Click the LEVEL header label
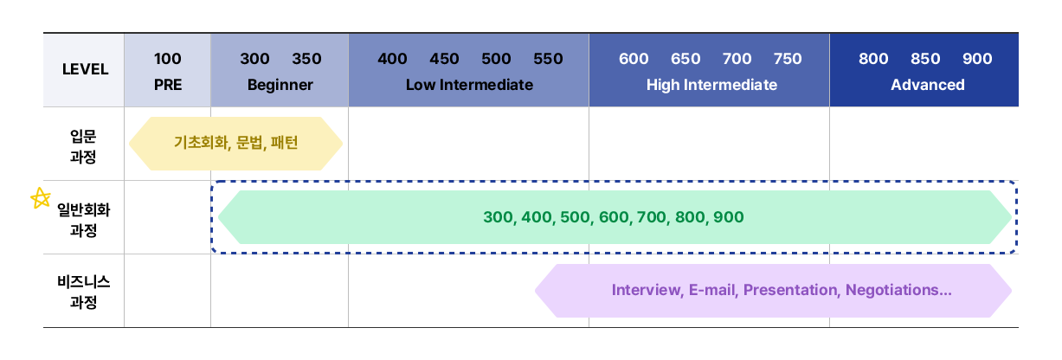[86, 69]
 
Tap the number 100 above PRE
[167, 59]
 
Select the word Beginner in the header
[280, 85]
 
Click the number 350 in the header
[306, 59]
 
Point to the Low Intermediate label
[469, 85]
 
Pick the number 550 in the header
[548, 59]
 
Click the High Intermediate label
[711, 85]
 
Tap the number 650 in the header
[685, 59]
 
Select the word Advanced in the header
[928, 85]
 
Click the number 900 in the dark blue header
[977, 59]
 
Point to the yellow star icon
[41, 198]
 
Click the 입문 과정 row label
[83, 146]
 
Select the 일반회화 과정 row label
[83, 220]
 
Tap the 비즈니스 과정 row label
[83, 292]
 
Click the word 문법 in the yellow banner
[251, 142]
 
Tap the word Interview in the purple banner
[647, 290]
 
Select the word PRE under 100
[168, 85]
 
